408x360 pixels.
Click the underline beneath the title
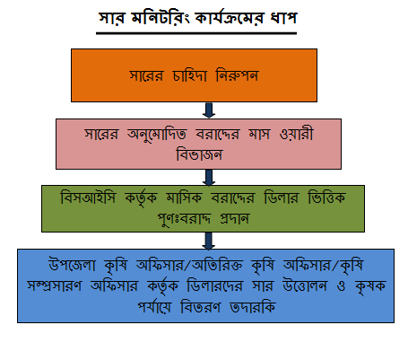[x=196, y=33]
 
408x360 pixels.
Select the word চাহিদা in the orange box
[x=189, y=75]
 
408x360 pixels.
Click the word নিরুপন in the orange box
[x=237, y=75]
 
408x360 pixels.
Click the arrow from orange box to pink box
[x=209, y=110]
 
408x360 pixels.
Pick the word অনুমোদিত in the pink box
[x=157, y=134]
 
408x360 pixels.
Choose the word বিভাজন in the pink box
[x=199, y=154]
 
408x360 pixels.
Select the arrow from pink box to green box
[x=209, y=177]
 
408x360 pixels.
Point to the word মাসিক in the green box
[x=184, y=198]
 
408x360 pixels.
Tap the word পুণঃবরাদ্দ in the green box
[x=184, y=219]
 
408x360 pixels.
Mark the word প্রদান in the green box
[x=234, y=219]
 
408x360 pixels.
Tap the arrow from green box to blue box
[x=209, y=241]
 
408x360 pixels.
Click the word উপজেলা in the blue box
[x=72, y=265]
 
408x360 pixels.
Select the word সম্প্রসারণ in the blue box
[x=54, y=285]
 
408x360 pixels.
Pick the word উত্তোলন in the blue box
[x=305, y=285]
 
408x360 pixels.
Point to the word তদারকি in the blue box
[x=253, y=307]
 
